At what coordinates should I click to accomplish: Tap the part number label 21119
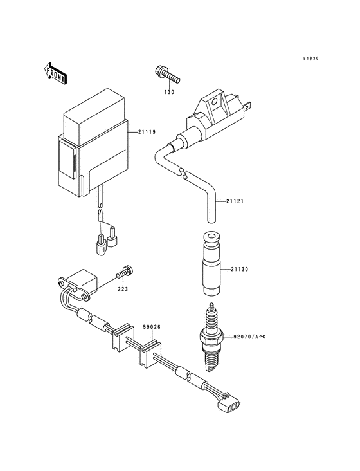(147, 133)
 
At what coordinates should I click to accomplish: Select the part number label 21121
(235, 201)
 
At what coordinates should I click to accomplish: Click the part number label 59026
(152, 327)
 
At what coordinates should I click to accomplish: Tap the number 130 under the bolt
(168, 92)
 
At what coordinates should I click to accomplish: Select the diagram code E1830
(311, 58)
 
